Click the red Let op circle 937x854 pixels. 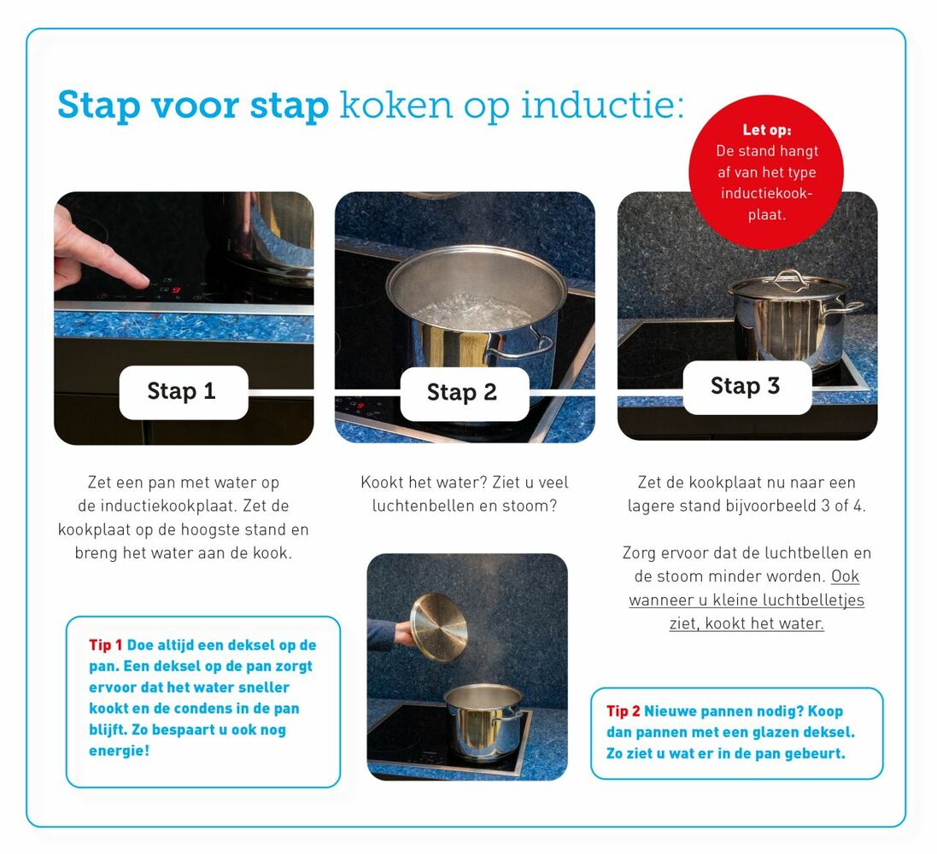click(x=766, y=173)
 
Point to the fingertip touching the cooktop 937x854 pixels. click(x=143, y=280)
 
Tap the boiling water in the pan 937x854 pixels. click(x=472, y=312)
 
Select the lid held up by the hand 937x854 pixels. click(x=439, y=628)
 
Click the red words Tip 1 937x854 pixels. click(x=105, y=645)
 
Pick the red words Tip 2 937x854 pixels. click(x=623, y=711)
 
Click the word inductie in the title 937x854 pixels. click(x=602, y=104)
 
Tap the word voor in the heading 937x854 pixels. click(x=195, y=105)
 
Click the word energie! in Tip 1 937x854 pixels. click(x=119, y=751)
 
